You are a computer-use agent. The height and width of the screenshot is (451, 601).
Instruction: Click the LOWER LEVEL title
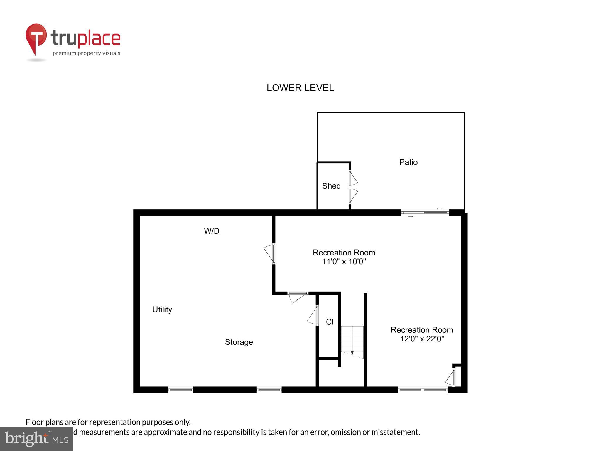tap(300, 88)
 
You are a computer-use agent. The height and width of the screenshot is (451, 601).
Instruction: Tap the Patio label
tap(408, 162)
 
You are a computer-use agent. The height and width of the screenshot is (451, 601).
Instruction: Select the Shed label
tap(331, 186)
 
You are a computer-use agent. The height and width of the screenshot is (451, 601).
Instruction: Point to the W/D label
tap(212, 231)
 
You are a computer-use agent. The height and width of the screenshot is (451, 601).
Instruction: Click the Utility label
tap(162, 309)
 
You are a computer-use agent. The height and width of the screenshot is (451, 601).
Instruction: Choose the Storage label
tap(239, 342)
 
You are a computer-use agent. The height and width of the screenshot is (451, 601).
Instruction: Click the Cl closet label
tap(330, 322)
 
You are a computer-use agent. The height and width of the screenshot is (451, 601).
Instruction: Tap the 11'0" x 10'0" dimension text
tap(344, 261)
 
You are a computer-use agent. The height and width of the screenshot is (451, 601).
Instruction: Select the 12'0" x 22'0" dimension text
tap(422, 339)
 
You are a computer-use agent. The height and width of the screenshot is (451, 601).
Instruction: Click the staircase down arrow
tap(352, 352)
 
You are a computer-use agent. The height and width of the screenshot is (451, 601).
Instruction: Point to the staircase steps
tap(352, 338)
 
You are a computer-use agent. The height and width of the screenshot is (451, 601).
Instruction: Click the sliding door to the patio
tap(425, 213)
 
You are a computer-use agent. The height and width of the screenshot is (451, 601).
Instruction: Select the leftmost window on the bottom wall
tap(180, 390)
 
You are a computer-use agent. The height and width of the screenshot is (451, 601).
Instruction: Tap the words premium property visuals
tap(86, 53)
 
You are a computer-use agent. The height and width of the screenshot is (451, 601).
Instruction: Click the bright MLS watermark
tap(37, 439)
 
